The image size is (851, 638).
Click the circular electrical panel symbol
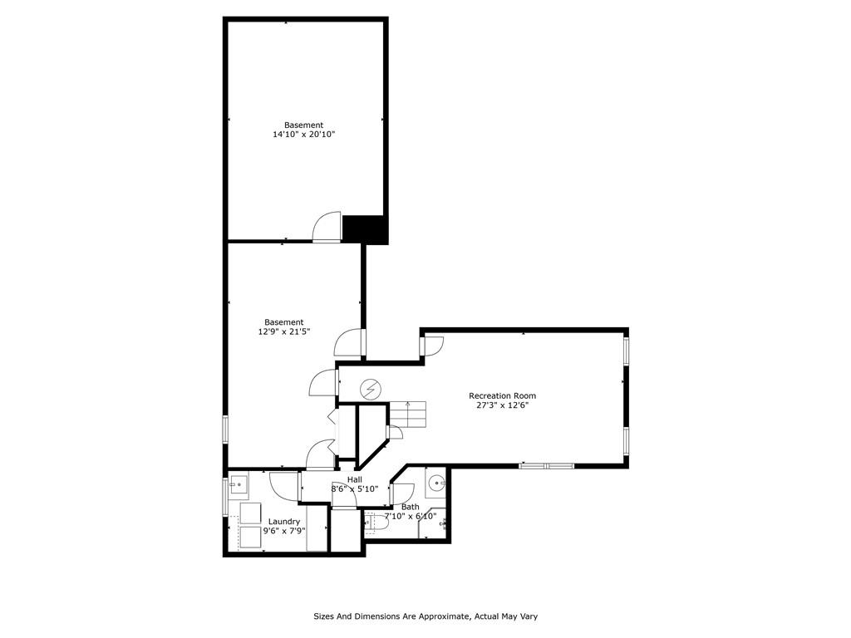pos(371,389)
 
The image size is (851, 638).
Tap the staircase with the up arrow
pos(407,415)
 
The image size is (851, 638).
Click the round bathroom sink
pos(435,483)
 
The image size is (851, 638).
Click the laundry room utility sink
pos(239,483)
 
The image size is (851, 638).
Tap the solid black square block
pos(365,229)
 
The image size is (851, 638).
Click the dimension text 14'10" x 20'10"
pos(304,134)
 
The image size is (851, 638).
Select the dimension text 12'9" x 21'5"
pos(284,331)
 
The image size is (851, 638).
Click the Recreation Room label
pos(503,396)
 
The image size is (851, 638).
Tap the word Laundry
pos(284,522)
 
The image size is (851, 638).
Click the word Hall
pos(354,479)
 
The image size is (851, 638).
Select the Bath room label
pos(411,507)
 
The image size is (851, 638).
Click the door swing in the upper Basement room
pos(327,226)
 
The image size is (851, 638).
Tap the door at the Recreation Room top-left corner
pos(432,346)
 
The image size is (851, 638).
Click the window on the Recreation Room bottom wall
pos(546,465)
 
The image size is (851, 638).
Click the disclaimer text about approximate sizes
pos(425,616)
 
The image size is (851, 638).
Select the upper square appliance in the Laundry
pos(251,513)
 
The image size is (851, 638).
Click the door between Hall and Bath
pos(401,493)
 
